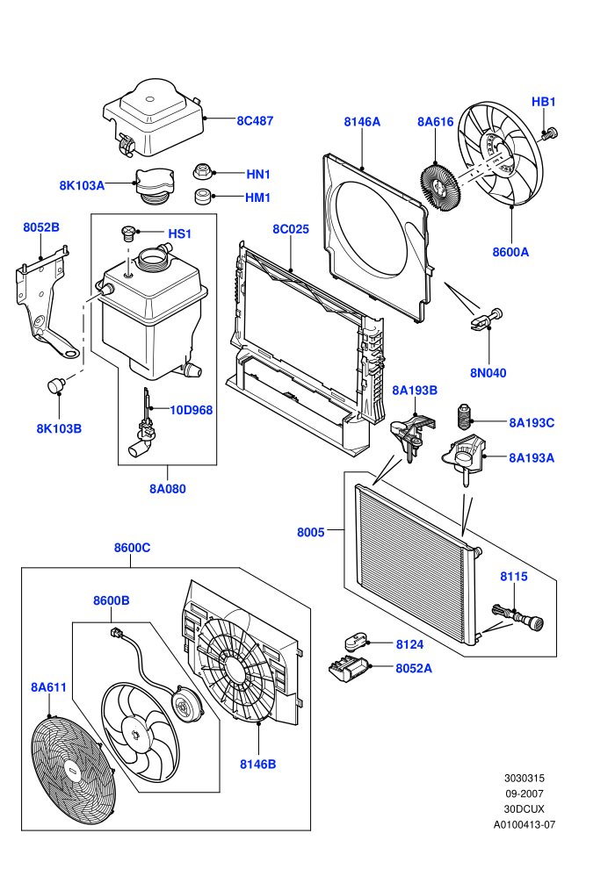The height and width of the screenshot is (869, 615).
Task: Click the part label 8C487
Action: [x=255, y=121]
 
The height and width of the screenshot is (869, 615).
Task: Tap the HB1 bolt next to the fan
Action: [x=550, y=133]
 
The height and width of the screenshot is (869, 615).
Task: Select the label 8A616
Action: [x=435, y=122]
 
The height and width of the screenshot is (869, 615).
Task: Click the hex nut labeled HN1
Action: [x=202, y=172]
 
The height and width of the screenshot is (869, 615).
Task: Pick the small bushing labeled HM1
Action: [x=203, y=197]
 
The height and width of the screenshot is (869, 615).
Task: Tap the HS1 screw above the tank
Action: [x=128, y=233]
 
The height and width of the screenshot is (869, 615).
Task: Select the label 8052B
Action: [x=41, y=227]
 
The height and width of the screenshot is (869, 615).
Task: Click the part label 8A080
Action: [x=168, y=489]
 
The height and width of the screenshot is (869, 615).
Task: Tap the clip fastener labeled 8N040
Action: [x=487, y=320]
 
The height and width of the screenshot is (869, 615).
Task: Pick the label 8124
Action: [x=409, y=644]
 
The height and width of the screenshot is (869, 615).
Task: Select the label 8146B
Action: [x=258, y=765]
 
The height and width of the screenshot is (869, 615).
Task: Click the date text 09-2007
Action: [x=525, y=794]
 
